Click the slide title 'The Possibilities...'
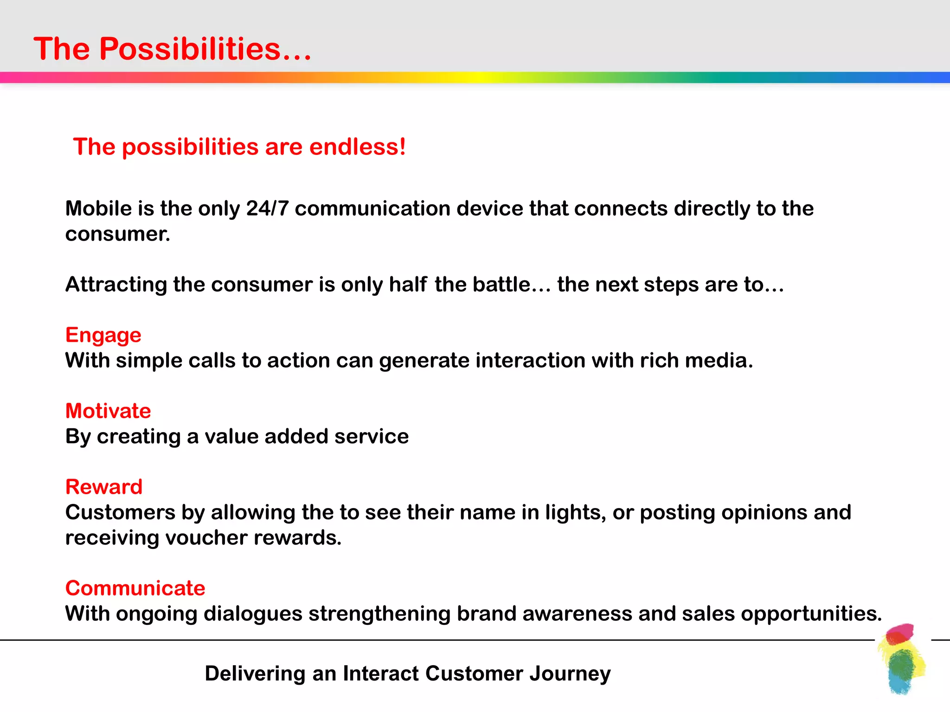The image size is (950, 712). pyautogui.click(x=172, y=49)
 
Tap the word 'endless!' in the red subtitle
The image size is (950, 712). pyautogui.click(x=357, y=147)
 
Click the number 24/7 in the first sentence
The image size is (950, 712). pyautogui.click(x=267, y=208)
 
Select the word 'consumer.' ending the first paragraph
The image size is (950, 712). pyautogui.click(x=118, y=234)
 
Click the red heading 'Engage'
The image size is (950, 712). pyautogui.click(x=103, y=335)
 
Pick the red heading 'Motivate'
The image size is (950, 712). pyautogui.click(x=108, y=411)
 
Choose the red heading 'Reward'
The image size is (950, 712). pyautogui.click(x=104, y=487)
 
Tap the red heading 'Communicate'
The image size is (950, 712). pyautogui.click(x=135, y=588)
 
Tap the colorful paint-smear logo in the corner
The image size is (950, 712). pyautogui.click(x=901, y=659)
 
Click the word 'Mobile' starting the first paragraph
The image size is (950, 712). pyautogui.click(x=98, y=208)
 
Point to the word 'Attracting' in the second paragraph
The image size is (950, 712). pyautogui.click(x=116, y=284)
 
